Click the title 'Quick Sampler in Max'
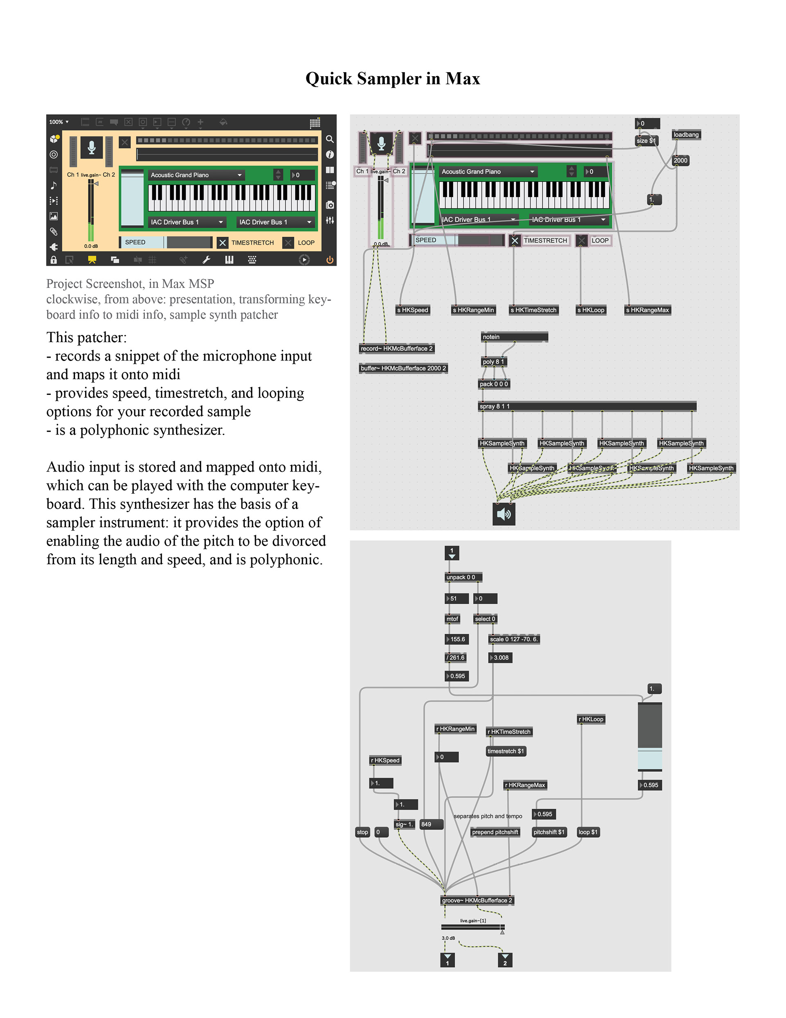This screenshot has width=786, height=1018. point(392,78)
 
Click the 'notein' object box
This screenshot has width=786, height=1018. point(514,337)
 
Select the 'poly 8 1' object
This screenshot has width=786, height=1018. point(493,361)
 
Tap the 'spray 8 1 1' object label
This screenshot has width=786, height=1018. point(495,406)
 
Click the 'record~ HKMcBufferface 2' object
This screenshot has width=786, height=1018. point(397,348)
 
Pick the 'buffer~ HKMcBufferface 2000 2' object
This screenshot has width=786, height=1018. point(403,368)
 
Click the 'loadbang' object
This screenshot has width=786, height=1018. point(686,135)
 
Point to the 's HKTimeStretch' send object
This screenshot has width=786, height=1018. point(533,310)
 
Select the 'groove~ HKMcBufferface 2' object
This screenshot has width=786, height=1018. point(477,900)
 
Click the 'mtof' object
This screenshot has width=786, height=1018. point(452,619)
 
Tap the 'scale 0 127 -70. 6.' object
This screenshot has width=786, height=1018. point(513,639)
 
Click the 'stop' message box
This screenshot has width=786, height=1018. point(362,832)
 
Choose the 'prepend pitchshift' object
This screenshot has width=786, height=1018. point(495,832)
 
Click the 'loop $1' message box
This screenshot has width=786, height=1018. point(587,832)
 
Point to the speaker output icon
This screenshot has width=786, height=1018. point(504,514)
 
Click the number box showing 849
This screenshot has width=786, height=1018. point(431,824)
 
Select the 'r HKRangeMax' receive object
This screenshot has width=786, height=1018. point(525,785)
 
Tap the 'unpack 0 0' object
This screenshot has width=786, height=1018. point(463,577)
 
